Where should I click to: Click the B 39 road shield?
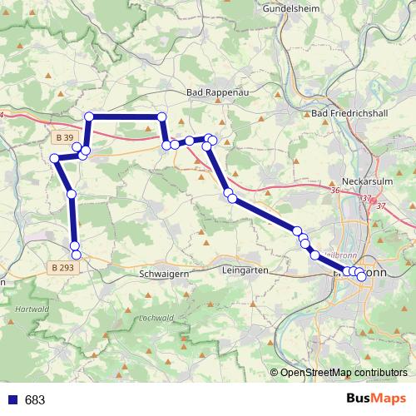click(62, 136)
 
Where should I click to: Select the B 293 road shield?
click(62, 267)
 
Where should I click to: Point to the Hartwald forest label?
click(31, 308)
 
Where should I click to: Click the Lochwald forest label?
click(156, 318)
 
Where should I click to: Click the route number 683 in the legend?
click(35, 399)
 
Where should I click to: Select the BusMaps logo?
click(376, 399)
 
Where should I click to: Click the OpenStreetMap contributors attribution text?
click(344, 372)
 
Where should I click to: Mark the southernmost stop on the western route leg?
click(76, 255)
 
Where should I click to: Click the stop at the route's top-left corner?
click(89, 116)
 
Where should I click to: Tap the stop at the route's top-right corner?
click(161, 116)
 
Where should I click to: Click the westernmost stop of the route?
click(54, 158)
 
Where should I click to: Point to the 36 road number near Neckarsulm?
click(335, 191)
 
